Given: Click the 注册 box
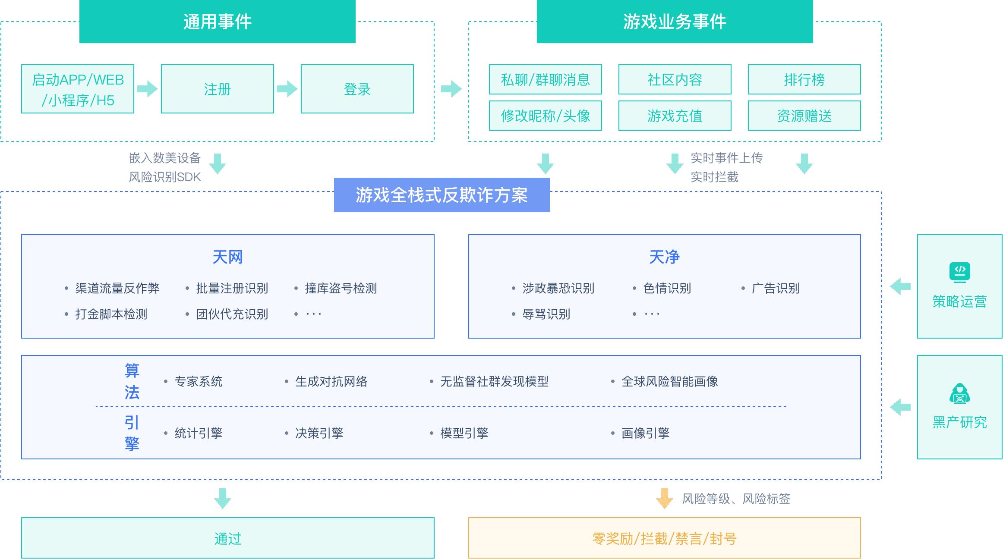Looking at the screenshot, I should click(218, 89).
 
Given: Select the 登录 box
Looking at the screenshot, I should click(357, 89).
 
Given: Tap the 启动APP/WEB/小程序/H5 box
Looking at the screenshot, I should click(78, 89).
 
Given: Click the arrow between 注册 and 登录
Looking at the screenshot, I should click(287, 89).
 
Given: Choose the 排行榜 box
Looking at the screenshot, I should click(804, 79).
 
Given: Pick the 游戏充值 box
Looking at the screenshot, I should click(675, 116).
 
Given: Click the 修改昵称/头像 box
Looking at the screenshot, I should click(545, 116).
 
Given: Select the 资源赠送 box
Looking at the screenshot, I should click(804, 116).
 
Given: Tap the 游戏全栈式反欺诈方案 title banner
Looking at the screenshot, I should click(442, 195).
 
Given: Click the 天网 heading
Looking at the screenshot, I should click(227, 257).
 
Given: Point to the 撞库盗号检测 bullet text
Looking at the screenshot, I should click(341, 288).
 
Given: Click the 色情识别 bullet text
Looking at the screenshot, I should click(667, 288).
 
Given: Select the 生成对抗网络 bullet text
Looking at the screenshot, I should click(331, 381).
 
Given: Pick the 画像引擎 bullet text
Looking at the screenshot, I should click(645, 433).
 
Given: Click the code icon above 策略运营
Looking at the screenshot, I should click(959, 272).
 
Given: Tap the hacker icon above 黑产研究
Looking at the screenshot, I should click(959, 393).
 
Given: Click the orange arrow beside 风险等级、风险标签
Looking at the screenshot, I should click(664, 498).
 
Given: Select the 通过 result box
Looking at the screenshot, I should click(227, 538).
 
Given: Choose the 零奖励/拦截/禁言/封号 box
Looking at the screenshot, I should click(664, 538).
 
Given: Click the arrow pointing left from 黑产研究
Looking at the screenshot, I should click(900, 407).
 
